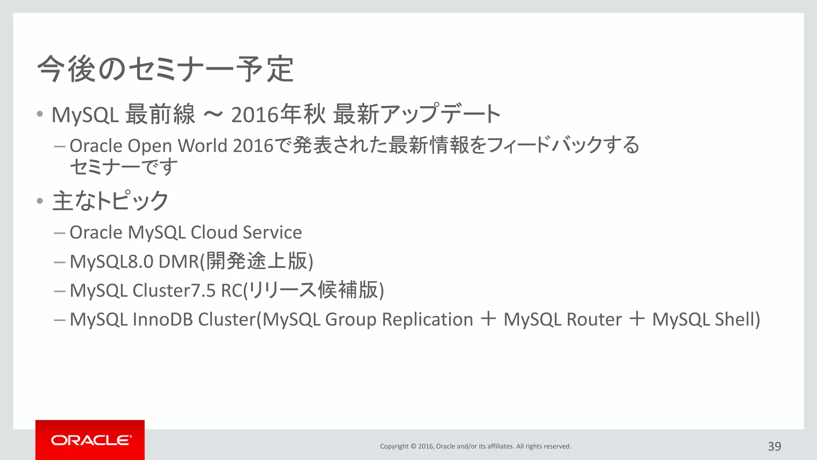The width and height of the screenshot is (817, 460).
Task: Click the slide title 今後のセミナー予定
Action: (166, 69)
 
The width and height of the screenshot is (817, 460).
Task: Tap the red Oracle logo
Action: (90, 440)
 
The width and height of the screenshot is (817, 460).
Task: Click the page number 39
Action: (774, 446)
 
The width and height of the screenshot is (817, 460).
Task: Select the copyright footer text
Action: (476, 446)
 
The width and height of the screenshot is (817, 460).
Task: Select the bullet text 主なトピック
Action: (111, 200)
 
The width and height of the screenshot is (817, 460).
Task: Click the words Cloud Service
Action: (246, 232)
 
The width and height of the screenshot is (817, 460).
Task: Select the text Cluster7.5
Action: (174, 291)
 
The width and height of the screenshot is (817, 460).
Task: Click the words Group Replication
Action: (399, 319)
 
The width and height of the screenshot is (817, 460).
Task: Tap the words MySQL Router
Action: (562, 319)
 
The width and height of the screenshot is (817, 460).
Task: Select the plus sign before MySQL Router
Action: (488, 319)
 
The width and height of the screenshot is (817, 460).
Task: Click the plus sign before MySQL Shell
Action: (637, 319)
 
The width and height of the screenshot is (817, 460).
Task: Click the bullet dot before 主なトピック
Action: (39, 201)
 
